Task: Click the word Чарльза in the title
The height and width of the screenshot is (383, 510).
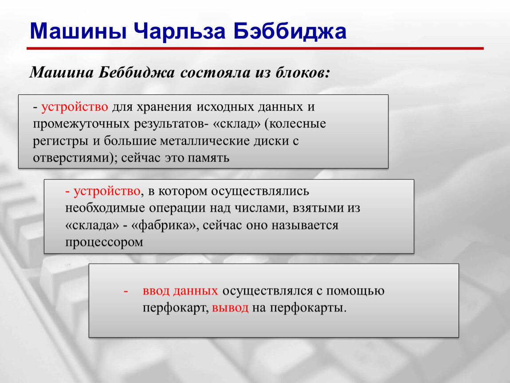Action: pyautogui.click(x=180, y=32)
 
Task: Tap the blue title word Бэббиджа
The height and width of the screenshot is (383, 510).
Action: pyautogui.click(x=290, y=32)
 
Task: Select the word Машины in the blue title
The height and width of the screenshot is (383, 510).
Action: pyautogui.click(x=78, y=31)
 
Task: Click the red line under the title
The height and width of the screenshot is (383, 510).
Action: pyautogui.click(x=255, y=48)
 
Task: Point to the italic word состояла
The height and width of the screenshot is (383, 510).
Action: pyautogui.click(x=216, y=73)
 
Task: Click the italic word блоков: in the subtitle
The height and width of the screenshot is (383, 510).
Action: pyautogui.click(x=303, y=72)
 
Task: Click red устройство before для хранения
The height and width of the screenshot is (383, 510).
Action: pyautogui.click(x=75, y=107)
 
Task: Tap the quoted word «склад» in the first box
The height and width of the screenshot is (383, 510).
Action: pyautogui.click(x=237, y=124)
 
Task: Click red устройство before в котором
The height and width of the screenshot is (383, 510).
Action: pyautogui.click(x=107, y=191)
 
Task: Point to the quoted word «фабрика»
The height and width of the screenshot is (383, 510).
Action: pyautogui.click(x=165, y=225)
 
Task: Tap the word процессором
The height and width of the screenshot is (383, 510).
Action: pyautogui.click(x=104, y=242)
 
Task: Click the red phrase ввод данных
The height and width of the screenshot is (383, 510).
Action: pyautogui.click(x=180, y=291)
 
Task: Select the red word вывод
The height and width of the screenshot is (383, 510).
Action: pyautogui.click(x=230, y=308)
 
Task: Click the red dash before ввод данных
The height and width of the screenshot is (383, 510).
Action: pyautogui.click(x=126, y=291)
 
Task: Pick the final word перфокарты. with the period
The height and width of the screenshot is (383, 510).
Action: pyautogui.click(x=308, y=308)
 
